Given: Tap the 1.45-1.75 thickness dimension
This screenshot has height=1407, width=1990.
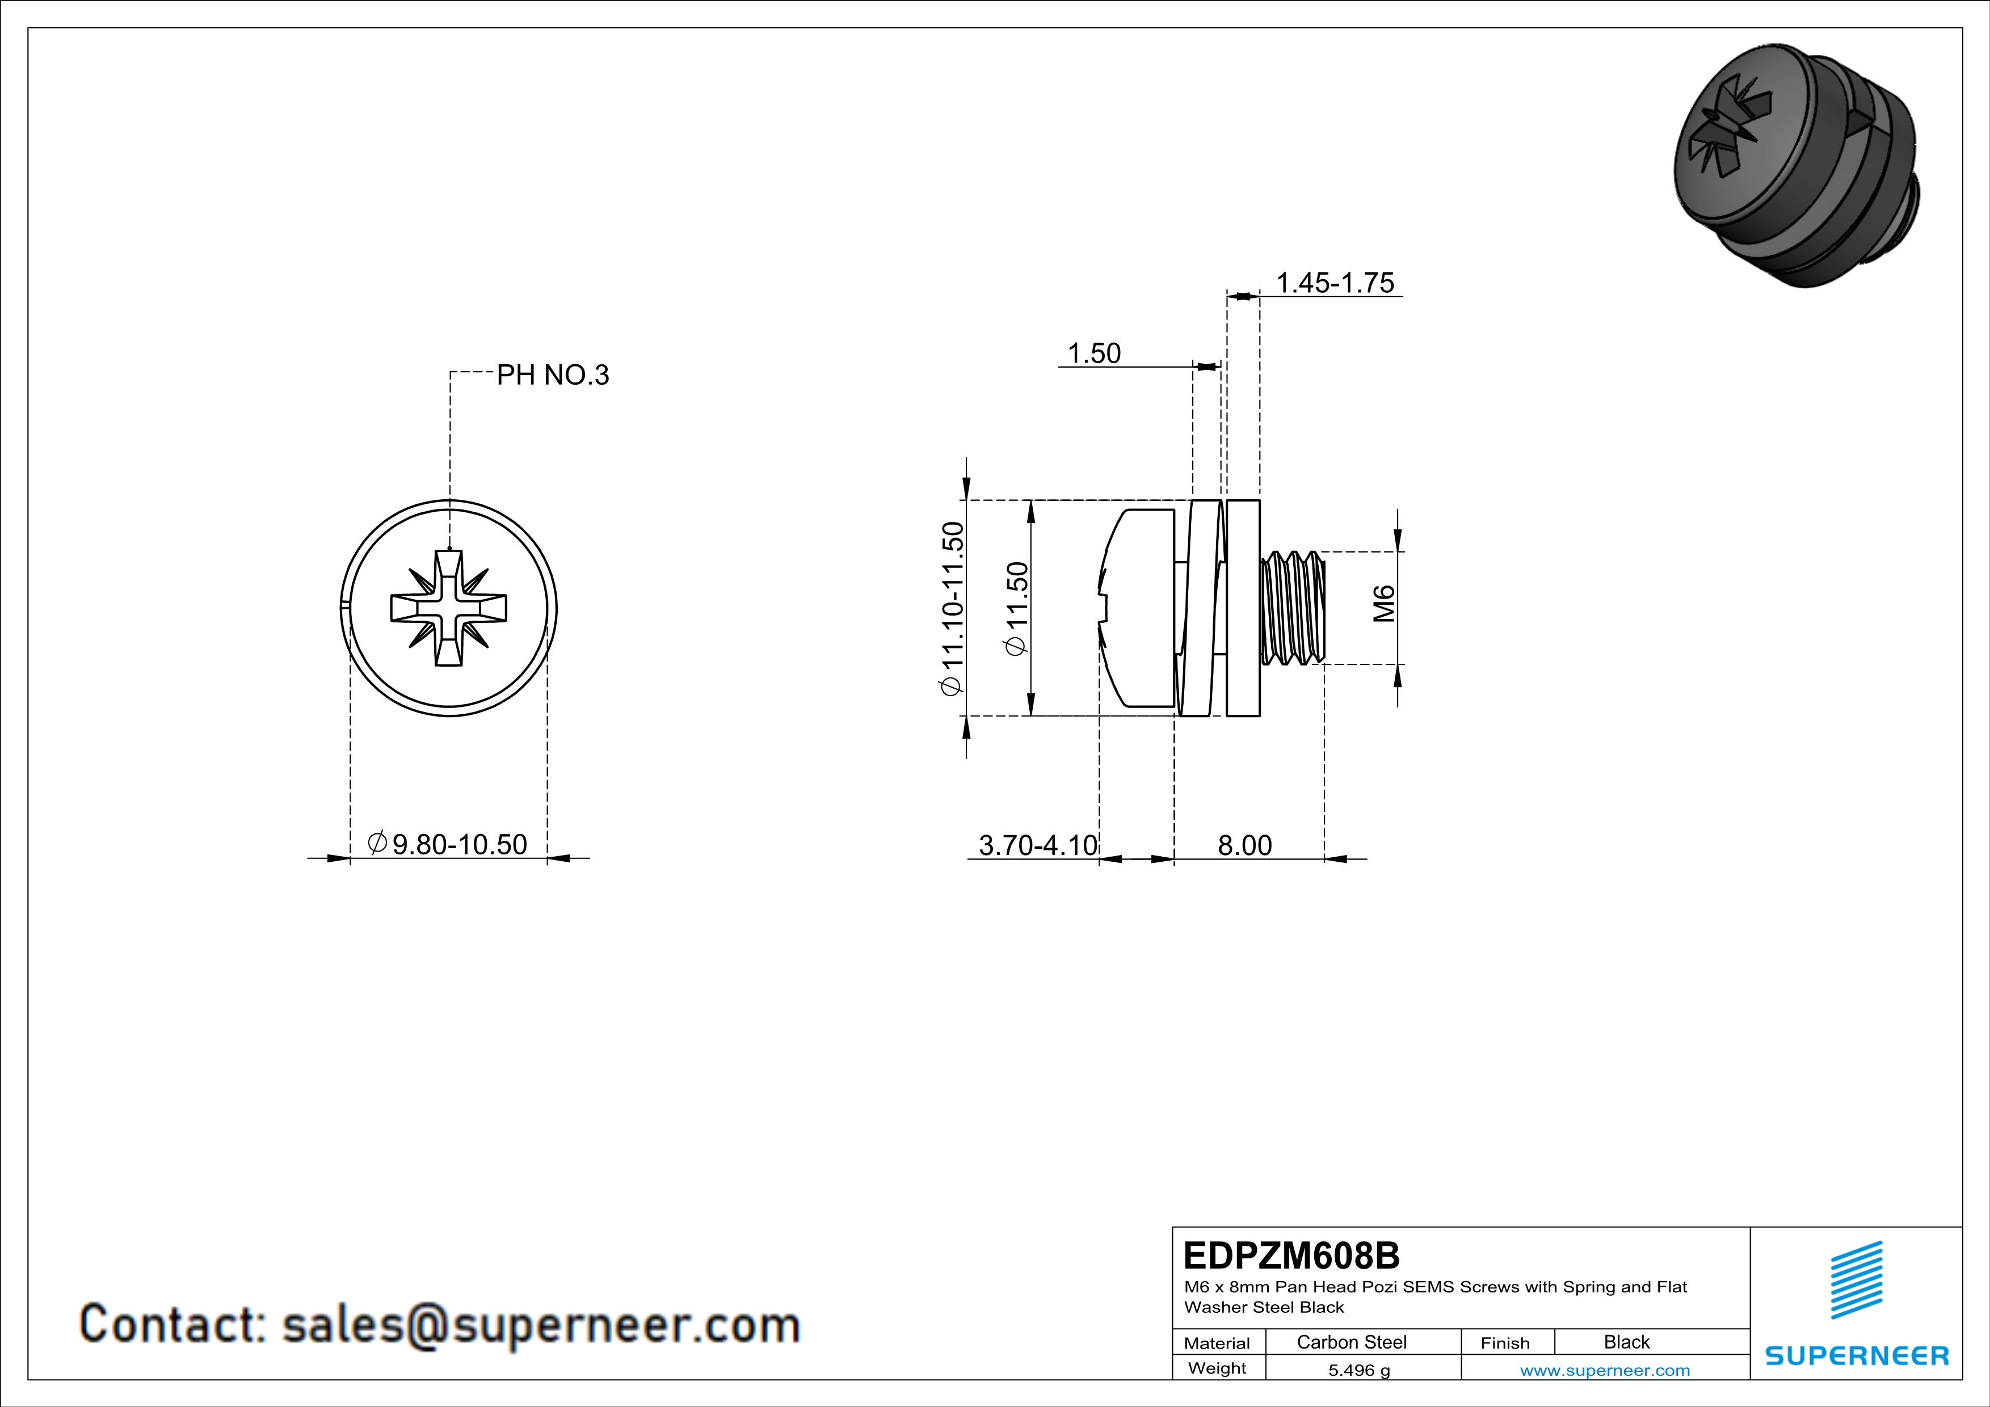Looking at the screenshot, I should pyautogui.click(x=1335, y=283).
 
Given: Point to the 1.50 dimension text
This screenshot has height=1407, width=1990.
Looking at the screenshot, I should pyautogui.click(x=1094, y=353).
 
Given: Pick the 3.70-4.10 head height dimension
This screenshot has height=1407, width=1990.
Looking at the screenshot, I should pyautogui.click(x=1037, y=845).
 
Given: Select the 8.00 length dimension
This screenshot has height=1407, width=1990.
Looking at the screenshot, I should pyautogui.click(x=1244, y=845).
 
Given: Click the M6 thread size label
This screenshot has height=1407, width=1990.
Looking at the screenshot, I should pyautogui.click(x=1384, y=604).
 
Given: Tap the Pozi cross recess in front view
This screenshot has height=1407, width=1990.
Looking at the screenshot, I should pyautogui.click(x=448, y=608).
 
